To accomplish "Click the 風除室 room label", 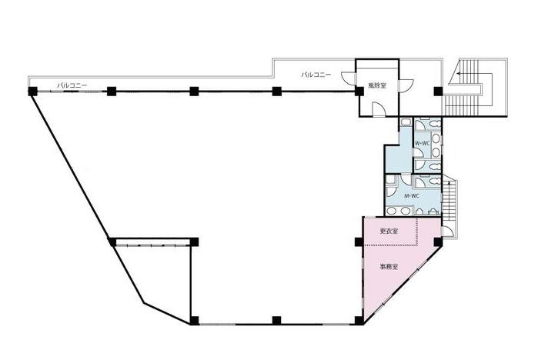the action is [x=377, y=85].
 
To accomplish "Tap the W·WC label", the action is [x=422, y=143].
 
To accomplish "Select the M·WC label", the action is [x=412, y=195].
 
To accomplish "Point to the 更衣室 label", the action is [x=389, y=231].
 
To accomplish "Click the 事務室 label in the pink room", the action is [x=389, y=267].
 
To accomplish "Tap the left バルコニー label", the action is [x=72, y=85].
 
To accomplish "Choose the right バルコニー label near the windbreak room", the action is [x=316, y=75].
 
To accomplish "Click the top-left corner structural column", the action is [x=33, y=91].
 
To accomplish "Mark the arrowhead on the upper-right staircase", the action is [x=459, y=74].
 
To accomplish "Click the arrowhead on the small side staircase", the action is [x=449, y=184].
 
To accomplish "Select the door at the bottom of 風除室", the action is [x=379, y=109].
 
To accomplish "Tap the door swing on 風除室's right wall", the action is [x=406, y=85].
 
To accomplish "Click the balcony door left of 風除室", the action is [x=349, y=78].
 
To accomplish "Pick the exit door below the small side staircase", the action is [x=447, y=232].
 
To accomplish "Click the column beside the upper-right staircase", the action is [x=438, y=92].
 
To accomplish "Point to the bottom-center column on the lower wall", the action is [x=276, y=320].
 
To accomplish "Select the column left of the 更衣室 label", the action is [x=359, y=242].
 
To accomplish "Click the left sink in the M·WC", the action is [x=392, y=212].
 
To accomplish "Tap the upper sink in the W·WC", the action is [x=436, y=138].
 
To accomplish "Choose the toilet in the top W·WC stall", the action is [x=433, y=123].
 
